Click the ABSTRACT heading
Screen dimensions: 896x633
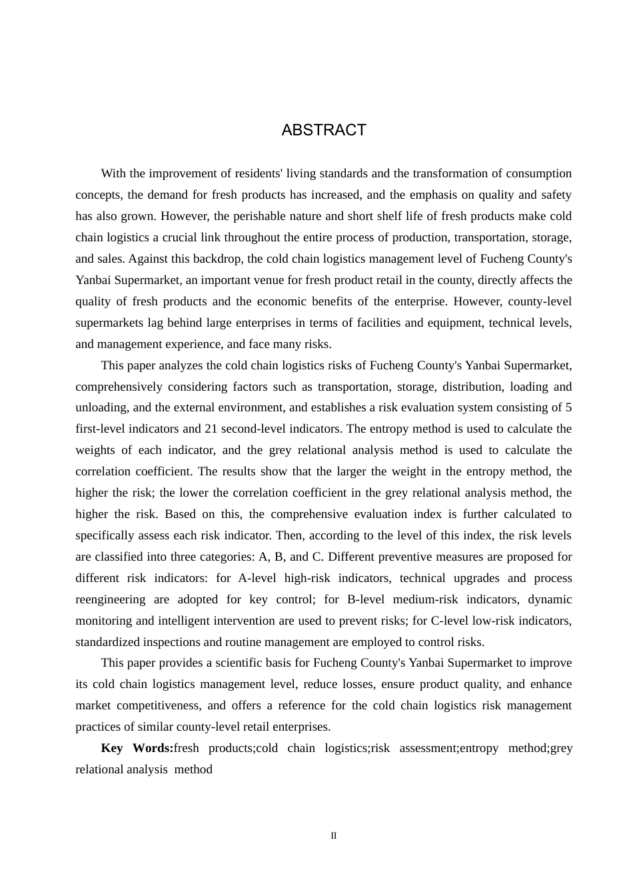(x=324, y=130)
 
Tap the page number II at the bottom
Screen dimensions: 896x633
(x=334, y=835)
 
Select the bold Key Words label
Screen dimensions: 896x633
(x=137, y=748)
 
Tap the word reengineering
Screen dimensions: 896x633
(x=110, y=599)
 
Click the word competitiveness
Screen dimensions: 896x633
(x=159, y=705)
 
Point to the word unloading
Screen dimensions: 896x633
(x=101, y=407)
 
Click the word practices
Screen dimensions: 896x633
(x=98, y=727)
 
